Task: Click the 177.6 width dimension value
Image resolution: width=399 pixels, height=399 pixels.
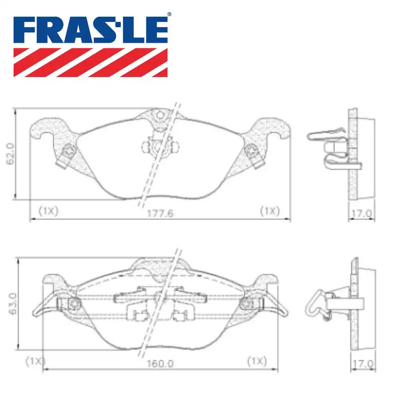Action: point(160,213)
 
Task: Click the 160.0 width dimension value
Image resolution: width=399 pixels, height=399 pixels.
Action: point(160,363)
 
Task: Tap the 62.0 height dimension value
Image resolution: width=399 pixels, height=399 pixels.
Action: point(10,154)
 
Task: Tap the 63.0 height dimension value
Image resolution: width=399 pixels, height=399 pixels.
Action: point(12,304)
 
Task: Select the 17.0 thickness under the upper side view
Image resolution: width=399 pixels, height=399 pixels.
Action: point(361,213)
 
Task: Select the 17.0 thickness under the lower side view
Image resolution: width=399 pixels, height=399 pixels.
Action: point(363,363)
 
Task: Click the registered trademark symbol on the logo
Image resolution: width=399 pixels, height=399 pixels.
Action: point(169,14)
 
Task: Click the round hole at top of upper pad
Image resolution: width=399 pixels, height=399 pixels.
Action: point(160,115)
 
